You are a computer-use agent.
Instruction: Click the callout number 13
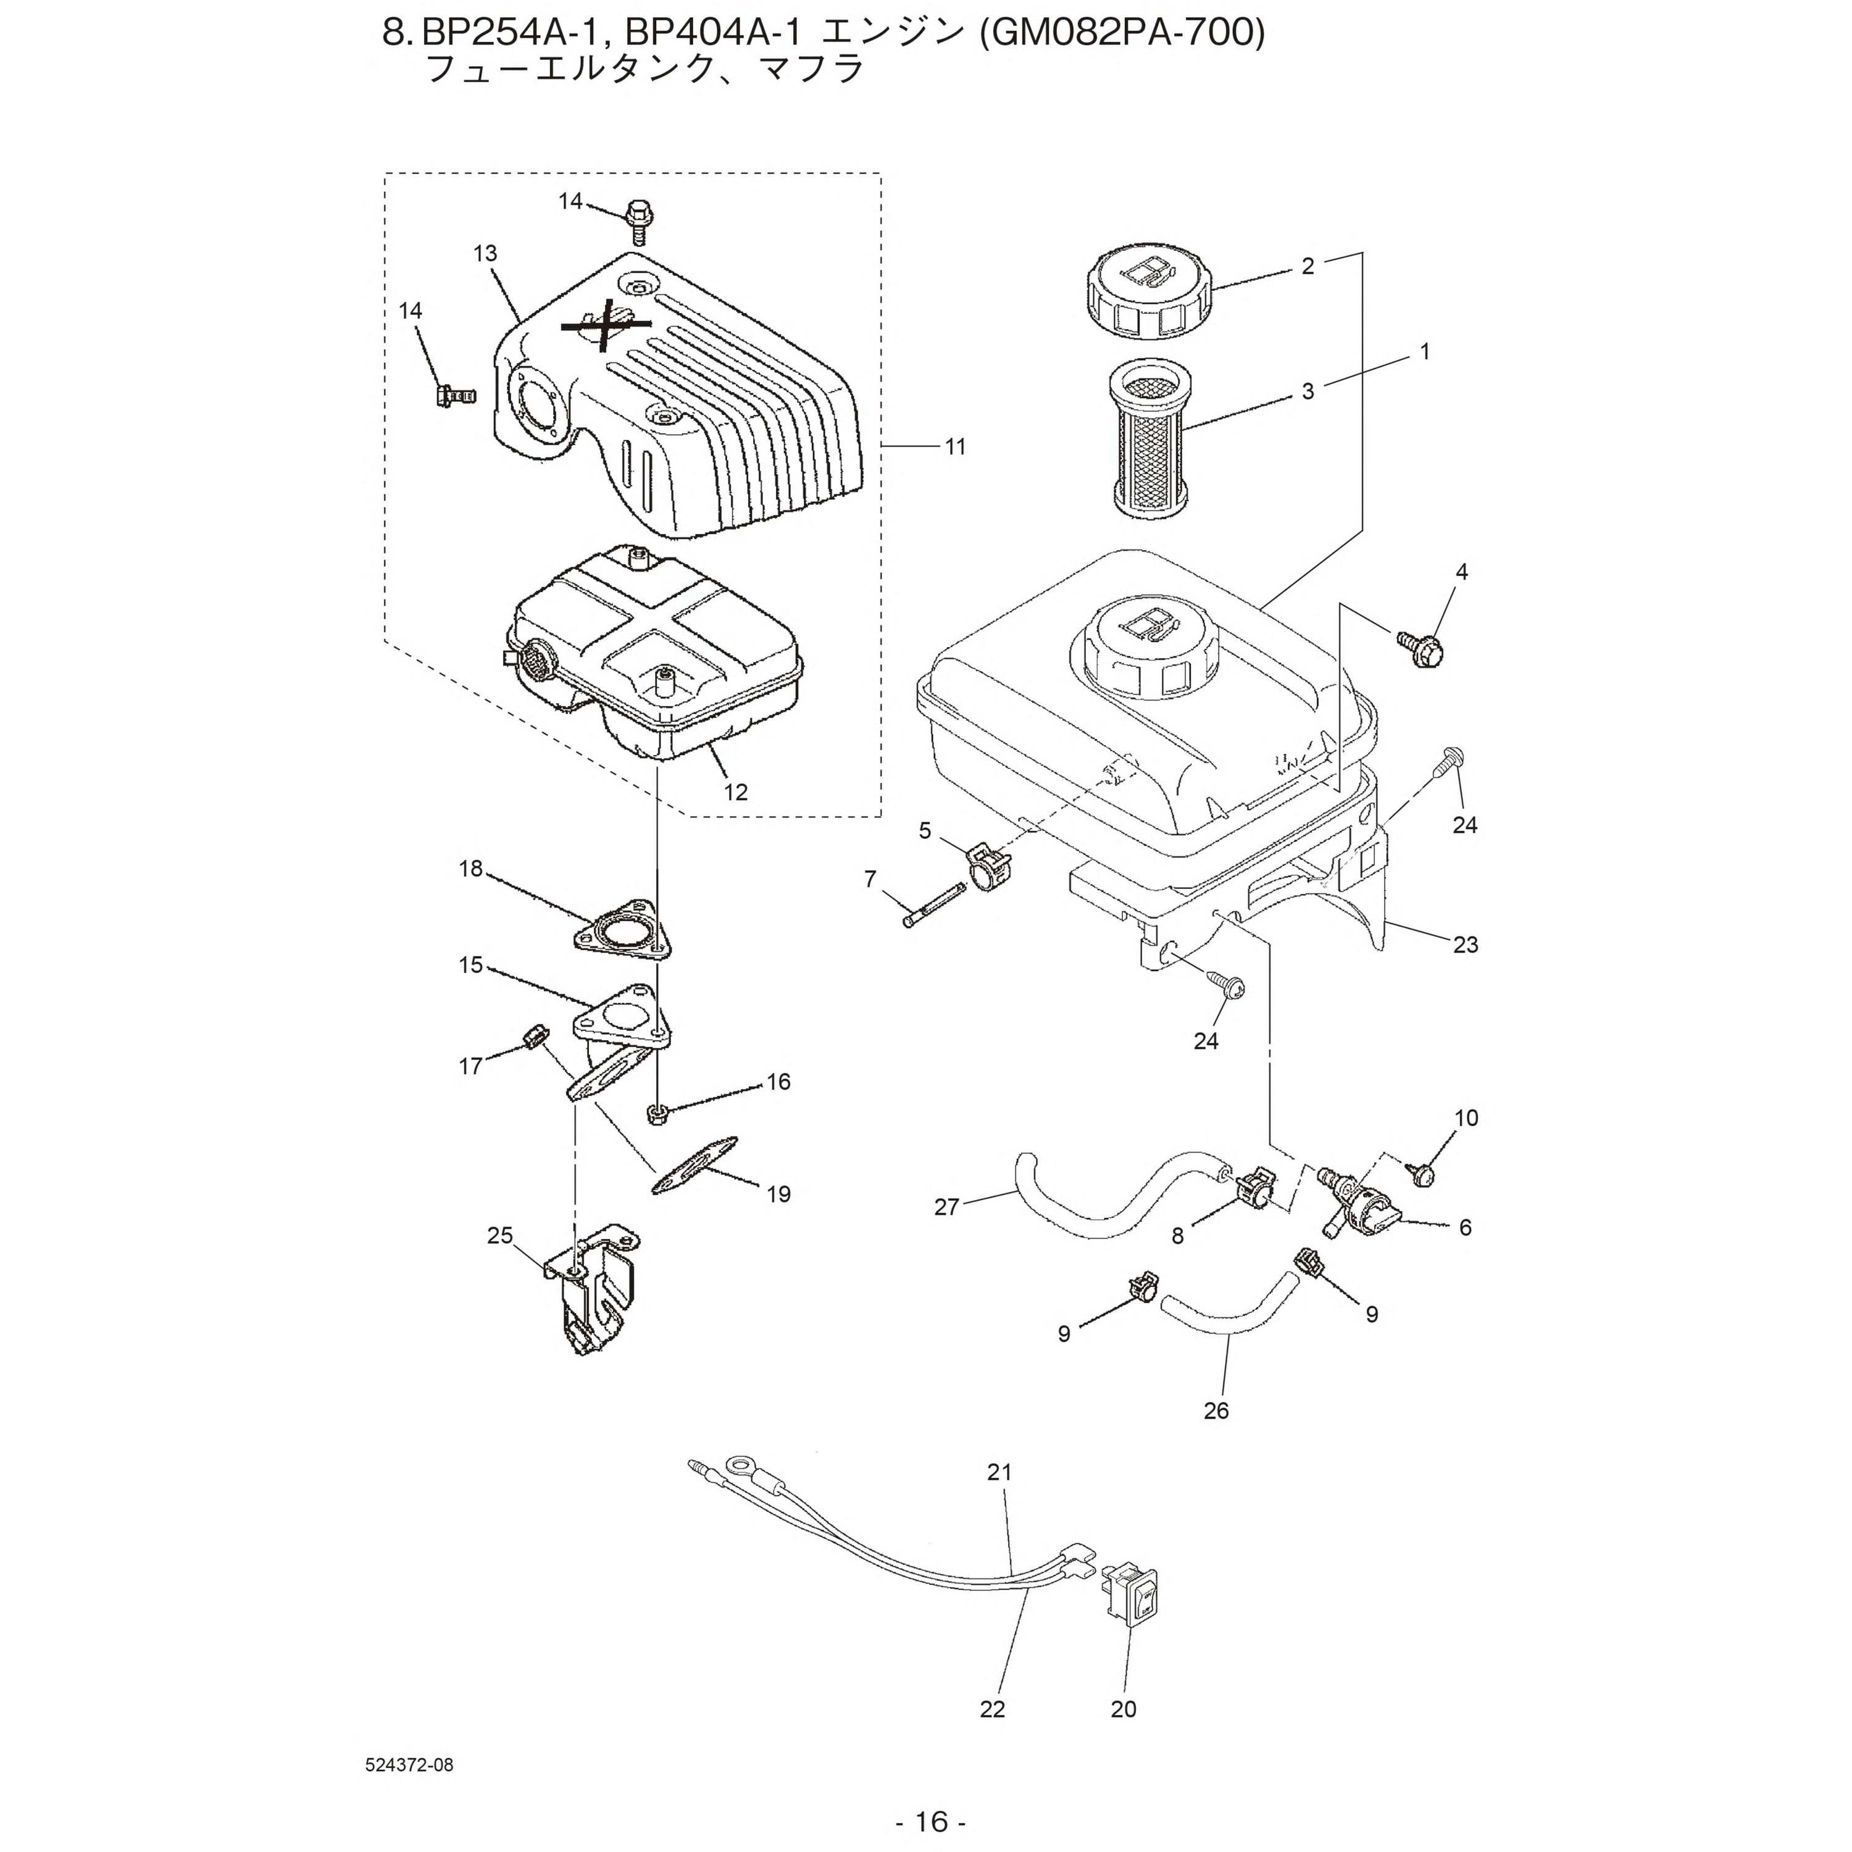pos(485,254)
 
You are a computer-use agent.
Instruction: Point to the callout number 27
pos(946,1207)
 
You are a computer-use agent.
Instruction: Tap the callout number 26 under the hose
pos(1216,1410)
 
